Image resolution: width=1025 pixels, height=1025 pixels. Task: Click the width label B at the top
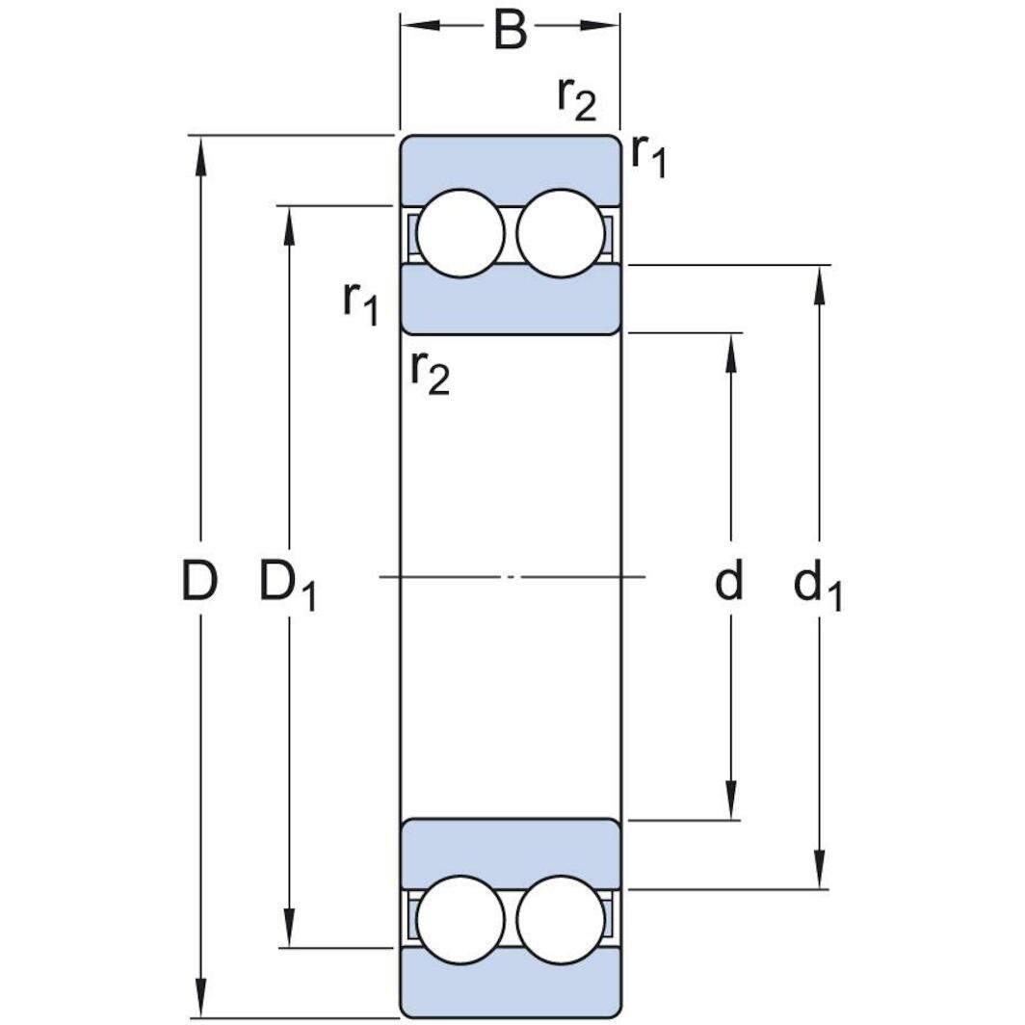[510, 30]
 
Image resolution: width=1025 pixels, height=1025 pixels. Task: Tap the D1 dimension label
[288, 585]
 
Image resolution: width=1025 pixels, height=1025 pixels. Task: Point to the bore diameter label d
[729, 579]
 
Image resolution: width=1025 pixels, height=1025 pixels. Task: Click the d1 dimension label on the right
[818, 585]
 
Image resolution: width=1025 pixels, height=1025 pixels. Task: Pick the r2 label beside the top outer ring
[576, 99]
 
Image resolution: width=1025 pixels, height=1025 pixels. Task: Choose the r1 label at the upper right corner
[648, 158]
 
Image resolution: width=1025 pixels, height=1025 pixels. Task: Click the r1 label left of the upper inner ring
[361, 304]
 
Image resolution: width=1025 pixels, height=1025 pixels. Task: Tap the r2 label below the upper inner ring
[430, 374]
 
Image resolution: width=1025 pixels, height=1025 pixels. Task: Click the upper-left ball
[460, 233]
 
